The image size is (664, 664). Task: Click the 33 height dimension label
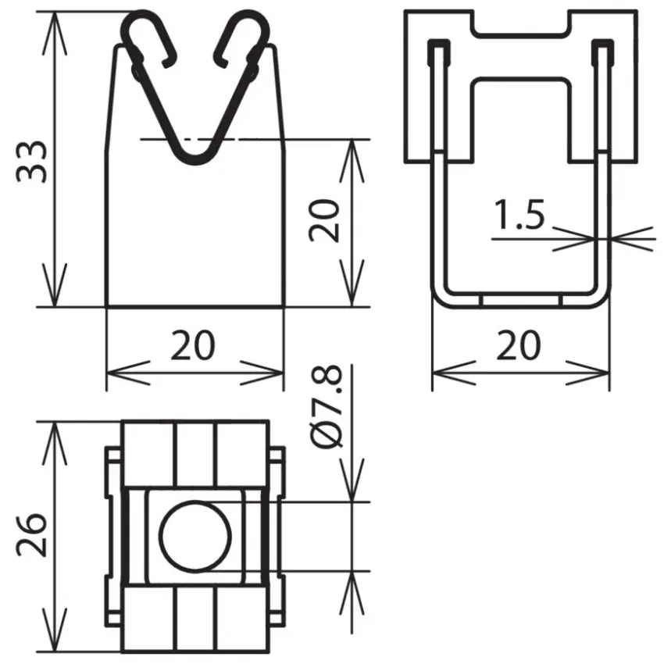[x=32, y=162]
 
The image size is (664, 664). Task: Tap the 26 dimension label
[x=31, y=534]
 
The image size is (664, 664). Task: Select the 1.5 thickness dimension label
[x=519, y=214]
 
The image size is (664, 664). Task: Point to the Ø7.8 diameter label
[x=326, y=405]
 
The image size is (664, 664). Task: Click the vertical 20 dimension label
[x=325, y=220]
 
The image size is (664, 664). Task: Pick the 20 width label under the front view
[x=193, y=345]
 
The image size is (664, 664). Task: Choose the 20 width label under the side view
[x=519, y=345]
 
